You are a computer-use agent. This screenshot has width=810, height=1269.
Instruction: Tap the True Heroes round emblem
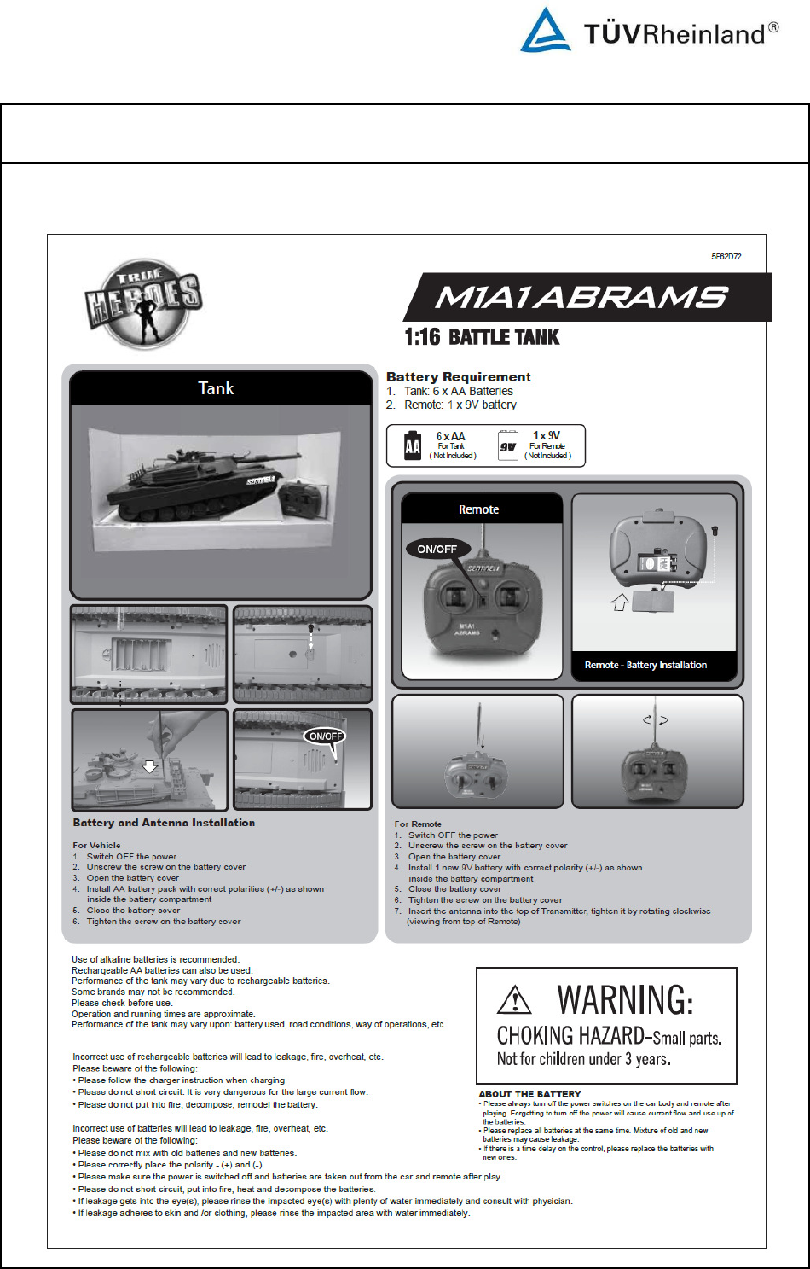pyautogui.click(x=143, y=305)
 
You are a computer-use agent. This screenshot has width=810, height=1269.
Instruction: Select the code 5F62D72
pyautogui.click(x=726, y=256)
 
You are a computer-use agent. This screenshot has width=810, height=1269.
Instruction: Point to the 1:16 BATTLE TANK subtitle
pyautogui.click(x=482, y=337)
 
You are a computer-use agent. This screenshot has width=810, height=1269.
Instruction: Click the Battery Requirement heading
pyautogui.click(x=459, y=376)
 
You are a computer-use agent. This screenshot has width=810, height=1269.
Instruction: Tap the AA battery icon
pyautogui.click(x=413, y=445)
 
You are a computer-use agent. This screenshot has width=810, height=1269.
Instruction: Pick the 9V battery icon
pyautogui.click(x=508, y=445)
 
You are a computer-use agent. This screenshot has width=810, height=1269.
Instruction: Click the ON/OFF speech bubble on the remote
pyautogui.click(x=437, y=549)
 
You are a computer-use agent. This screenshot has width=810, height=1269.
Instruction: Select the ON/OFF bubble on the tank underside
pyautogui.click(x=326, y=736)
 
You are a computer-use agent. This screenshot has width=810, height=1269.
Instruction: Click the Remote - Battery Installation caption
pyautogui.click(x=645, y=665)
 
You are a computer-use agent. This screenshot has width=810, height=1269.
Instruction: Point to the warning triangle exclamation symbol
pyautogui.click(x=514, y=999)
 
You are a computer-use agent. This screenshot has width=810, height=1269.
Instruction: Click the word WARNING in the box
pyautogui.click(x=625, y=999)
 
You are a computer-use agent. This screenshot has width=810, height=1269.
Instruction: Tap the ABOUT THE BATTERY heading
pyautogui.click(x=529, y=1094)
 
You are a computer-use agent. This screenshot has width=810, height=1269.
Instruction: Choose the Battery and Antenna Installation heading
pyautogui.click(x=164, y=823)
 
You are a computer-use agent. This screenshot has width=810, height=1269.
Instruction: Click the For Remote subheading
pyautogui.click(x=418, y=824)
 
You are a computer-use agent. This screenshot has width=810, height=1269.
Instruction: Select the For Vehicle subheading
pyautogui.click(x=96, y=845)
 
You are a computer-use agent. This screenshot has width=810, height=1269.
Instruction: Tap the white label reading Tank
pyautogui.click(x=216, y=388)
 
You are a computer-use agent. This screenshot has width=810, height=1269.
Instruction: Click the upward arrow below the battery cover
pyautogui.click(x=620, y=602)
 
